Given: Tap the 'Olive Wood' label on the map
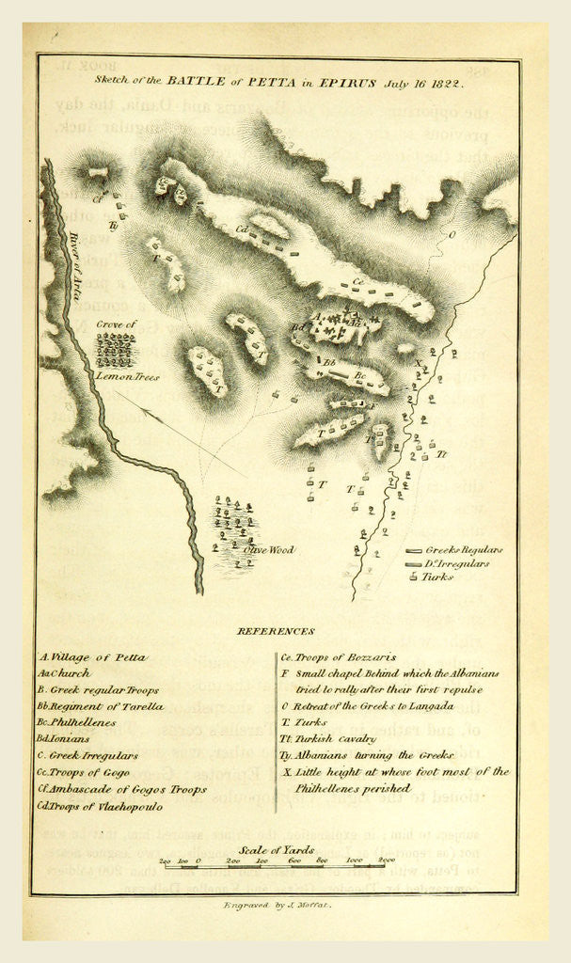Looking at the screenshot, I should tap(269, 548).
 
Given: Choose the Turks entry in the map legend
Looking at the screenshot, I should tap(437, 576).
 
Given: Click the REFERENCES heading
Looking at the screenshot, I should tap(276, 631).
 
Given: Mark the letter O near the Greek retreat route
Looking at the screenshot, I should tap(452, 234).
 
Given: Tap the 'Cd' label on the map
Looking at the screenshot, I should tap(241, 229).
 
